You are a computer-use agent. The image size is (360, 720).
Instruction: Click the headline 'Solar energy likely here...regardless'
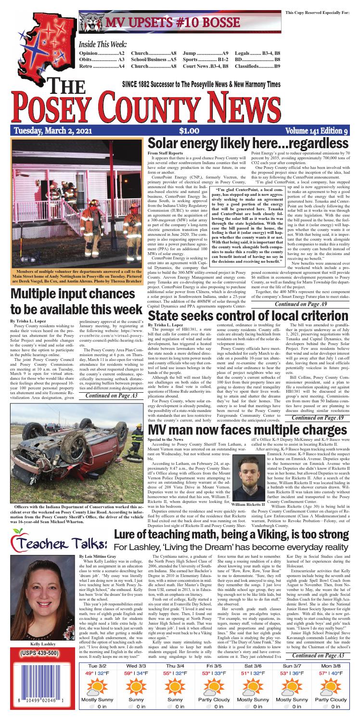coord(250,143)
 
